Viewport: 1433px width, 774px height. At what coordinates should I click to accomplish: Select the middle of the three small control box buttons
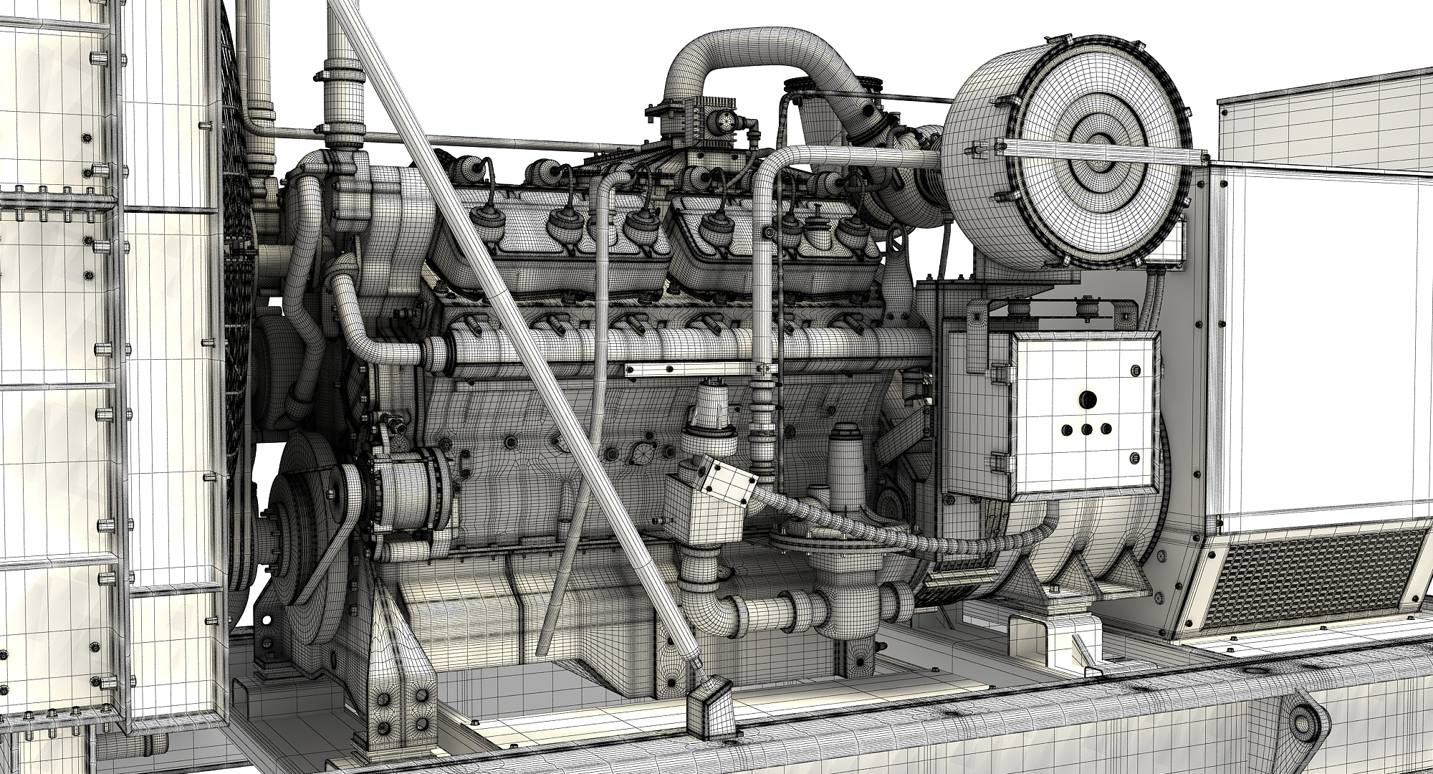1088,430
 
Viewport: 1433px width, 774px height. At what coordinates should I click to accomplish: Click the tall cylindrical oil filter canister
845,459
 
